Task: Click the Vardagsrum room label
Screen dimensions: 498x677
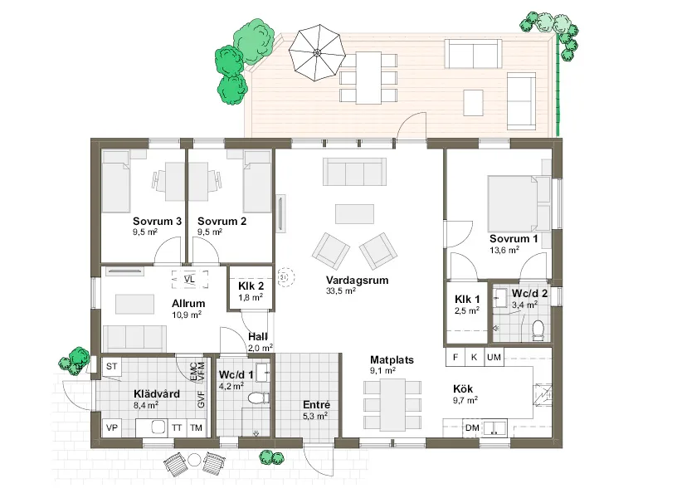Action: pyautogui.click(x=358, y=281)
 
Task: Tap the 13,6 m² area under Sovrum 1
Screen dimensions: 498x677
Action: pyautogui.click(x=503, y=249)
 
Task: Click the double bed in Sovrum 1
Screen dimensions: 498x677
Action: pyautogui.click(x=514, y=203)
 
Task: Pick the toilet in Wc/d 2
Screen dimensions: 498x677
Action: pyautogui.click(x=537, y=329)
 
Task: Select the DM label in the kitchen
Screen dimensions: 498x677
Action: pyautogui.click(x=472, y=427)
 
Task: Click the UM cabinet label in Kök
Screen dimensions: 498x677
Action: pyautogui.click(x=494, y=357)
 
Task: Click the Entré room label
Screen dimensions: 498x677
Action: pyautogui.click(x=314, y=404)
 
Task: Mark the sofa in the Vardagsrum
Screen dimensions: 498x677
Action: pyautogui.click(x=354, y=173)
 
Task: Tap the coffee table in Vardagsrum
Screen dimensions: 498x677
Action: pyautogui.click(x=354, y=213)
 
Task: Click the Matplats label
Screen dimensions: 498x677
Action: pyautogui.click(x=392, y=360)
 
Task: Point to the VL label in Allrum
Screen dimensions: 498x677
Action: pyautogui.click(x=189, y=278)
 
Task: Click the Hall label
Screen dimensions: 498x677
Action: pyautogui.click(x=258, y=337)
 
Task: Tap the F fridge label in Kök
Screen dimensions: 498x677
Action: pyautogui.click(x=455, y=357)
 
